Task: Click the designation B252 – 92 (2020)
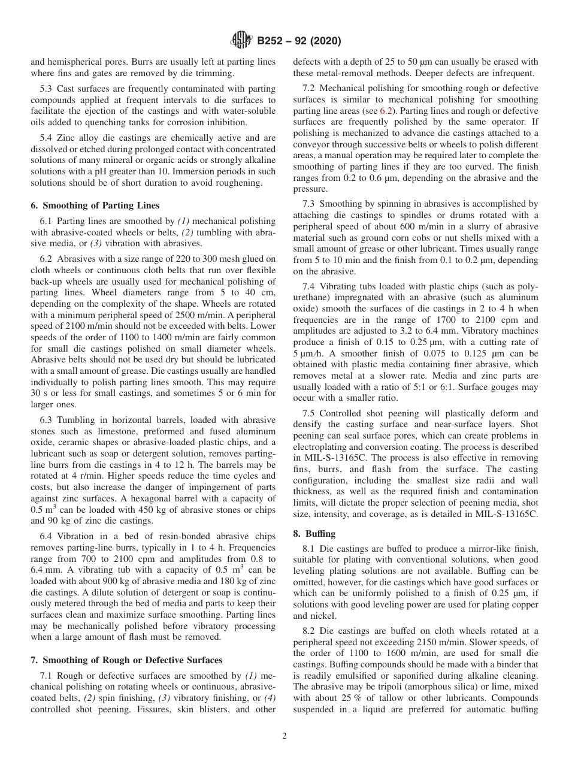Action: click(299, 41)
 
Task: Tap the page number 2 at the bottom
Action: click(284, 736)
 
